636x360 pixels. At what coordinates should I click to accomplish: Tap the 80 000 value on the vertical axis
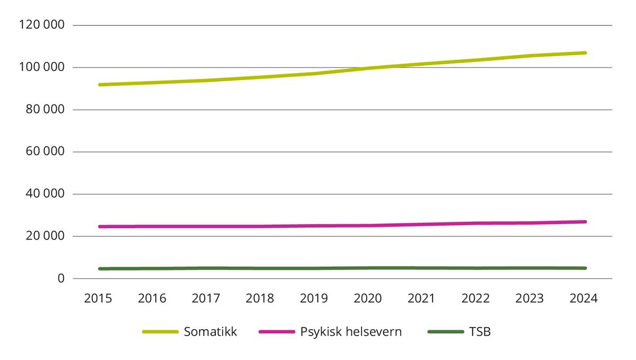click(x=46, y=110)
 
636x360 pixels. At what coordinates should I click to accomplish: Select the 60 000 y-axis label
click(x=46, y=152)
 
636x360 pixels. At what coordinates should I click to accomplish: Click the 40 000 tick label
click(x=46, y=194)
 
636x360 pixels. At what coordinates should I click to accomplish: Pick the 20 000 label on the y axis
click(x=46, y=236)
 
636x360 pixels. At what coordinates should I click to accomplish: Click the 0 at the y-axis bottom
click(x=61, y=278)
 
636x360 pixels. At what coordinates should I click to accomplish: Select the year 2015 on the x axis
click(x=98, y=298)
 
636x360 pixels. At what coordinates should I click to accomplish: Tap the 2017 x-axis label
click(x=206, y=298)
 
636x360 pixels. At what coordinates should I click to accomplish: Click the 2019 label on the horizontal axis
click(x=314, y=298)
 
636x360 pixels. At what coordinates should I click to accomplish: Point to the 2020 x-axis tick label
click(x=368, y=298)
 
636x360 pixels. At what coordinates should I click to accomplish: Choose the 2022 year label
click(x=475, y=298)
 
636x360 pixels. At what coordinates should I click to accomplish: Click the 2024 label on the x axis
click(x=584, y=298)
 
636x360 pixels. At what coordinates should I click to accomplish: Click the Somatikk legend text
click(x=210, y=332)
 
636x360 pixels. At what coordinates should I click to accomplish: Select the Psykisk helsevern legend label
click(x=351, y=332)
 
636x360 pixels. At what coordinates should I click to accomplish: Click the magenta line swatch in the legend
click(x=276, y=332)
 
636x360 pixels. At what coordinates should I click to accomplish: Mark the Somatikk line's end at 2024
click(x=585, y=53)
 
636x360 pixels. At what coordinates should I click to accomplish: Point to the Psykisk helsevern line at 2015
click(x=99, y=226)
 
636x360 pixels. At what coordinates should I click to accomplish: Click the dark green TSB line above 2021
click(x=422, y=268)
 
